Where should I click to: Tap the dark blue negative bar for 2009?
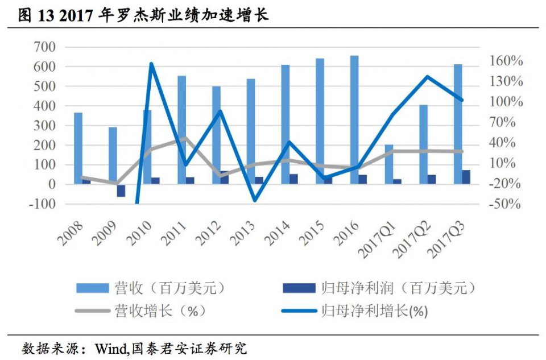121,191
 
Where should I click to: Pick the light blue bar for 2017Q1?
389,164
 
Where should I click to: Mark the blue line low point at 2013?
255,200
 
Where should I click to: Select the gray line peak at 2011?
186,138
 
